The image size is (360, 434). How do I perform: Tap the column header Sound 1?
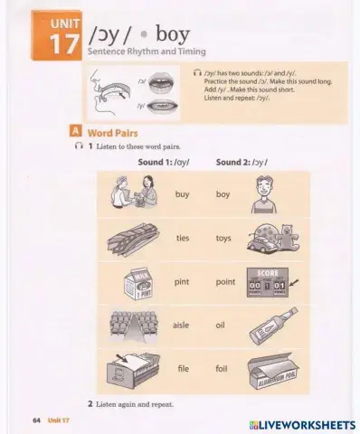(164, 162)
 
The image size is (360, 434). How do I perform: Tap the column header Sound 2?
(242, 162)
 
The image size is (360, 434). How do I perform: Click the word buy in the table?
(183, 194)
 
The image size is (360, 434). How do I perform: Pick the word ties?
(183, 238)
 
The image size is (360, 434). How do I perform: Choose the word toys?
(223, 238)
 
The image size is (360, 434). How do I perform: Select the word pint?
(183, 281)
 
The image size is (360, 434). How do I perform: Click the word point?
(225, 281)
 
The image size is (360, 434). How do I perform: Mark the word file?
(183, 369)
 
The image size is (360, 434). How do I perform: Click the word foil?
(222, 369)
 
